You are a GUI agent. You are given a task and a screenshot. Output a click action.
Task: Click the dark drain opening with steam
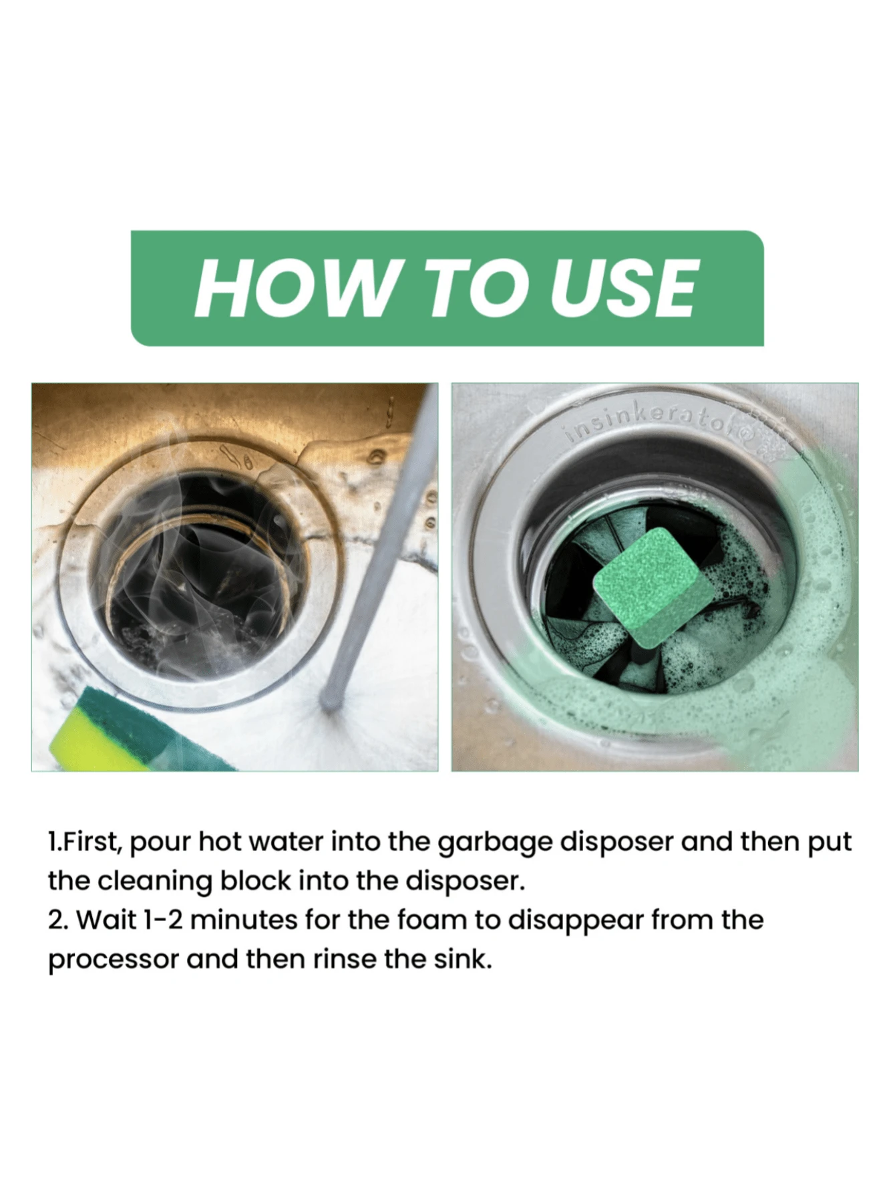pyautogui.click(x=200, y=568)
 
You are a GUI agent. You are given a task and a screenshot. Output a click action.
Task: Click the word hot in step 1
pyautogui.click(x=218, y=841)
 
